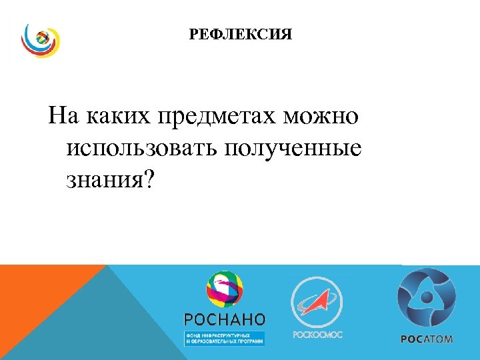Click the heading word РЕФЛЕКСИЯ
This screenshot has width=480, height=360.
tap(241, 34)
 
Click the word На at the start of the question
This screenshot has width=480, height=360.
tap(63, 117)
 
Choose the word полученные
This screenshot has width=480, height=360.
tap(296, 149)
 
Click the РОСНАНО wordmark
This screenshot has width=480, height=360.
tap(224, 319)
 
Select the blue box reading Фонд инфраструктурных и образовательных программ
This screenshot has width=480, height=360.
tap(224, 337)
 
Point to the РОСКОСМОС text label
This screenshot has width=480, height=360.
tap(317, 335)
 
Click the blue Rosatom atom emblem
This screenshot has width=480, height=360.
tap(427, 297)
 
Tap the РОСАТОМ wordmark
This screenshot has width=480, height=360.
tap(427, 339)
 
